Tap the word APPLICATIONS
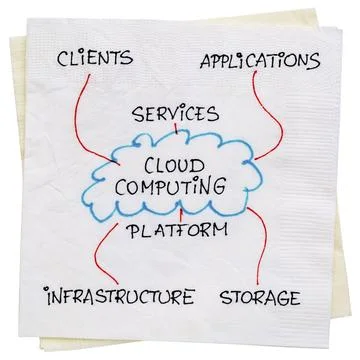259,59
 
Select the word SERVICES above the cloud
176,111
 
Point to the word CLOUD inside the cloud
178,162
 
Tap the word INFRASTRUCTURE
103,297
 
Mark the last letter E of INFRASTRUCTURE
186,297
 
